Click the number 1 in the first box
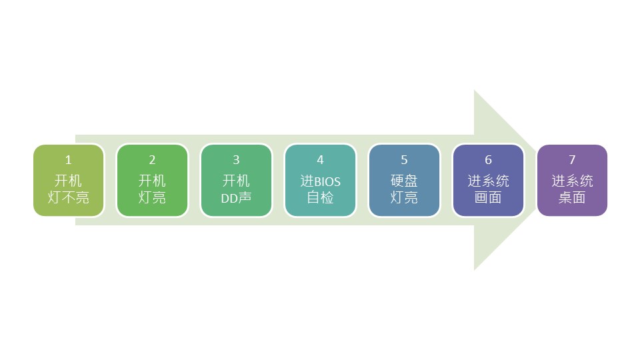point(68,160)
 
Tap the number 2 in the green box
point(152,160)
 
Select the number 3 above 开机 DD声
point(236,160)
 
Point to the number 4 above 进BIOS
point(320,160)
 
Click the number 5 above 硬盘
point(404,160)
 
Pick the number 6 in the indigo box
point(488,160)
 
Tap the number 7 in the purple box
point(572,160)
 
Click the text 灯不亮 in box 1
point(68,198)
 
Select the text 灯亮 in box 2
point(152,198)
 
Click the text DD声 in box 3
point(236,198)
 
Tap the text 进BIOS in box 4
point(320,181)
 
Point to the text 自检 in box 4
point(320,198)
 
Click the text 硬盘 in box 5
point(404,181)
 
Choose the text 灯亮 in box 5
point(404,198)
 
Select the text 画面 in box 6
point(488,198)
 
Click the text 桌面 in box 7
point(572,198)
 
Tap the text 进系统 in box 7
point(572,181)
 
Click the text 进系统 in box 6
point(488,181)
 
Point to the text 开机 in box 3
point(236,181)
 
